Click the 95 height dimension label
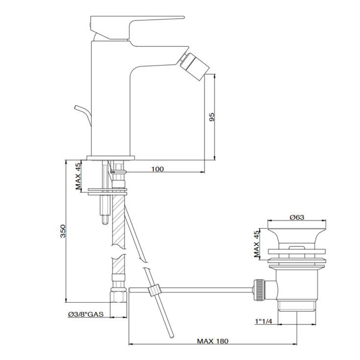point(212,117)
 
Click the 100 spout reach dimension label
point(157,169)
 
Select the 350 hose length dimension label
point(63,231)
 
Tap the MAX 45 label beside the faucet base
point(78,176)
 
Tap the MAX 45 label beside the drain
point(256,244)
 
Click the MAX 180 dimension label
point(213,341)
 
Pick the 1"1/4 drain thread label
point(263,321)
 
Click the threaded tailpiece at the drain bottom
point(297,306)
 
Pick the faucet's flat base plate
point(111,157)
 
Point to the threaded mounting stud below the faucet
point(104,206)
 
